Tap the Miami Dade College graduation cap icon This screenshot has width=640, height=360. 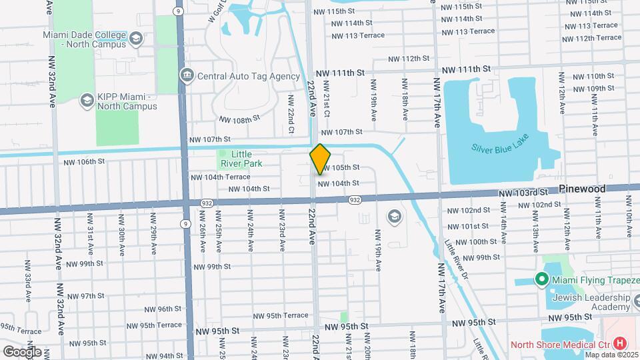[x=137, y=38]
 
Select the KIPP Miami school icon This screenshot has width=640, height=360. [x=86, y=100]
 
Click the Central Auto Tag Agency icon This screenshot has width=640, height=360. [x=187, y=75]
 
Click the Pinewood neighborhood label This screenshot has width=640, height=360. [x=582, y=189]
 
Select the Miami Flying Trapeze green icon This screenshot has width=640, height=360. [x=543, y=279]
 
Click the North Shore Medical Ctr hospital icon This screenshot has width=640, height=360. [x=620, y=344]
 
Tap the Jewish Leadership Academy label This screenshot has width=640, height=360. [x=592, y=302]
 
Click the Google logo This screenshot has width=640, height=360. [x=21, y=351]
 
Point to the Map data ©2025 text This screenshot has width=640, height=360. [x=612, y=355]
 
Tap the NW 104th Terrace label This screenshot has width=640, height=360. [x=220, y=177]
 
